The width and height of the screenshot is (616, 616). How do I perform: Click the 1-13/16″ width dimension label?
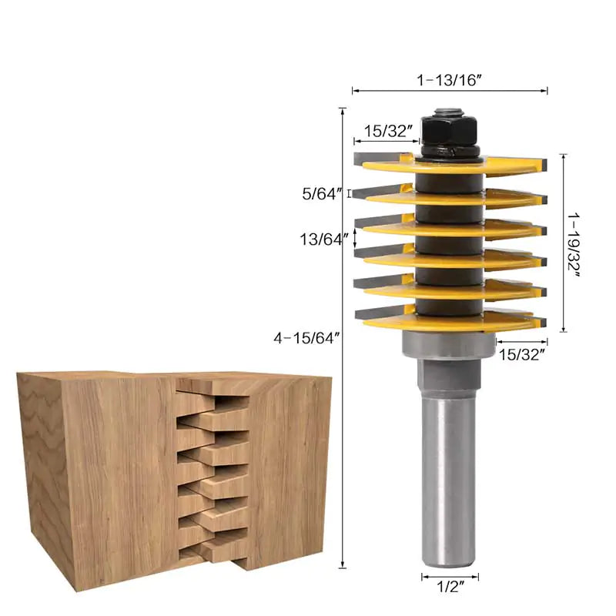tap(450, 79)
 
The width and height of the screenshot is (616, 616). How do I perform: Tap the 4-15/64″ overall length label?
tap(306, 337)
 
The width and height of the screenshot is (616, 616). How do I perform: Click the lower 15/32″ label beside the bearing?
tap(522, 354)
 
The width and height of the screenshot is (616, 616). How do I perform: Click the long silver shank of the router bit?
tap(450, 477)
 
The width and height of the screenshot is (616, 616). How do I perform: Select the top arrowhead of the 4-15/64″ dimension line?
tap(343, 110)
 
